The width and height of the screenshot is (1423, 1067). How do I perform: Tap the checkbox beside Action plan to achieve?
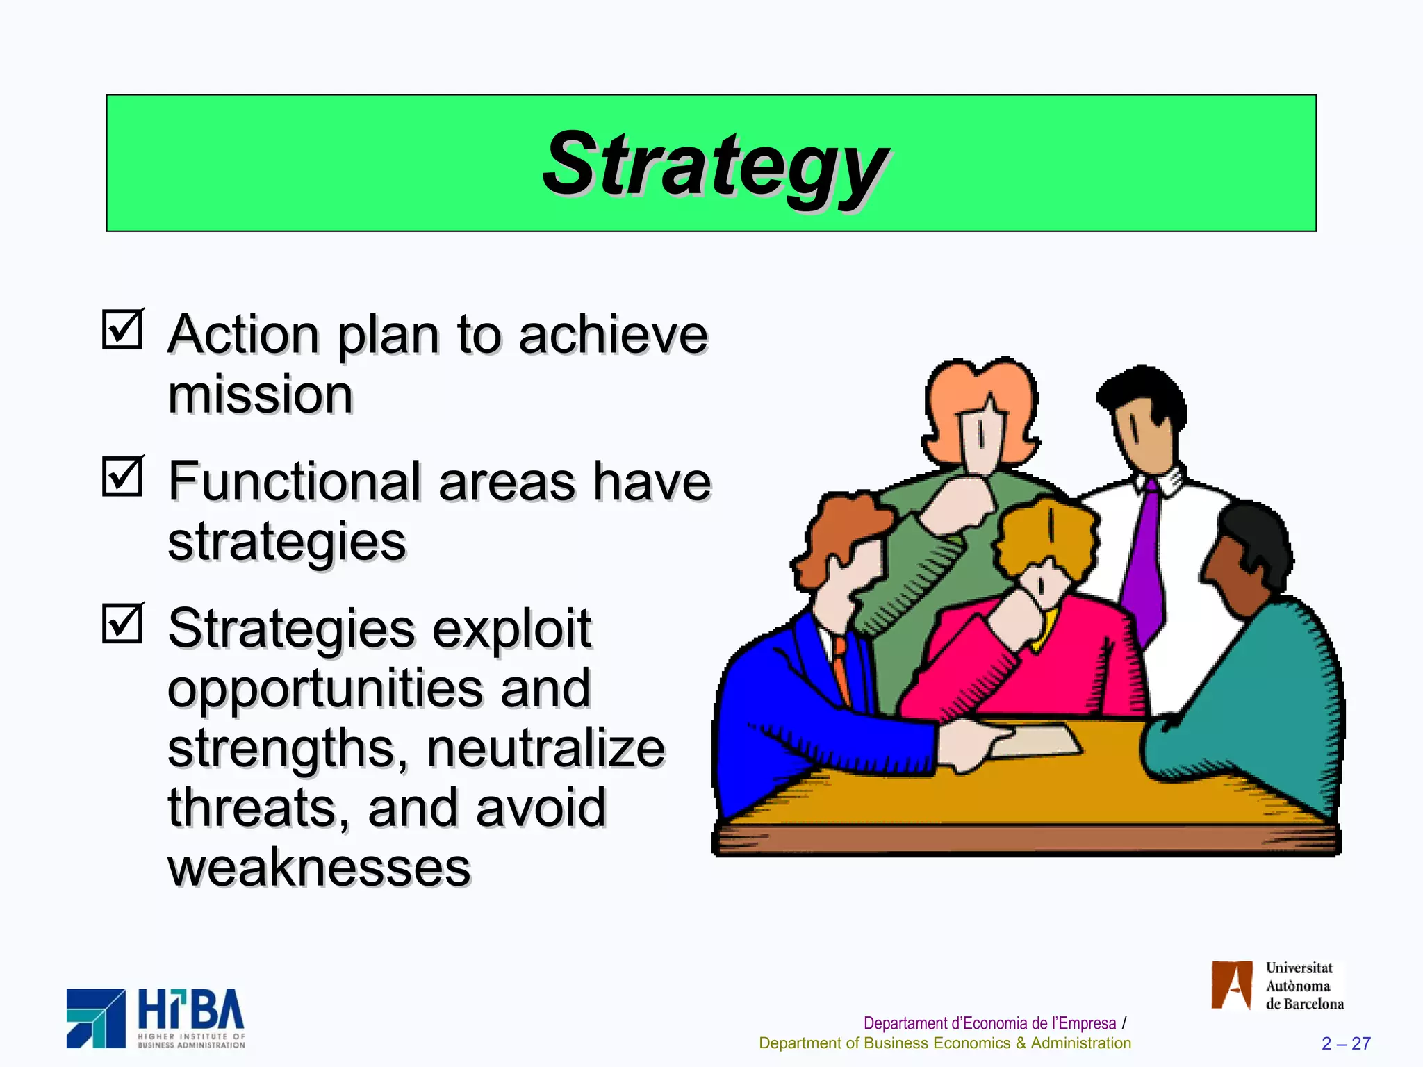click(122, 329)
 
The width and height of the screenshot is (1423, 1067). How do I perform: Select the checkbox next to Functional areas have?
click(122, 477)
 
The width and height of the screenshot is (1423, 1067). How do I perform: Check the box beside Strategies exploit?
click(122, 623)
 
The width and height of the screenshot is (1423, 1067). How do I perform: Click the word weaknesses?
click(319, 868)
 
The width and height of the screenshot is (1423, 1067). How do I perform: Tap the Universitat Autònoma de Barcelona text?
click(1303, 986)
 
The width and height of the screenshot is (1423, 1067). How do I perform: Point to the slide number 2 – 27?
click(1346, 1043)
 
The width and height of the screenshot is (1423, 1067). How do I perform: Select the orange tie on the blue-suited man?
click(842, 667)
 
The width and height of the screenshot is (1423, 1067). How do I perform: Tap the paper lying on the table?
click(1035, 740)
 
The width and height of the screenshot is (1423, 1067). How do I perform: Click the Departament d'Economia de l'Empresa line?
click(989, 1023)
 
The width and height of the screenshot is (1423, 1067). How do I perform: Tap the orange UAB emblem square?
click(1231, 985)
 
